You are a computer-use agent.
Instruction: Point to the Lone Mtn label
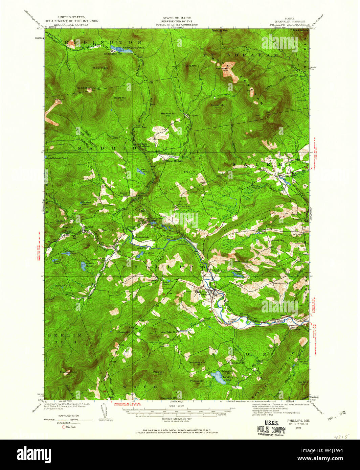pos(191,66)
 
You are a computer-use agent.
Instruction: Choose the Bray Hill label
pos(189,172)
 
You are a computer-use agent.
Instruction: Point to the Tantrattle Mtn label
pos(197,362)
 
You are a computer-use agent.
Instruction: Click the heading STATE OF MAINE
pos(177,18)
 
